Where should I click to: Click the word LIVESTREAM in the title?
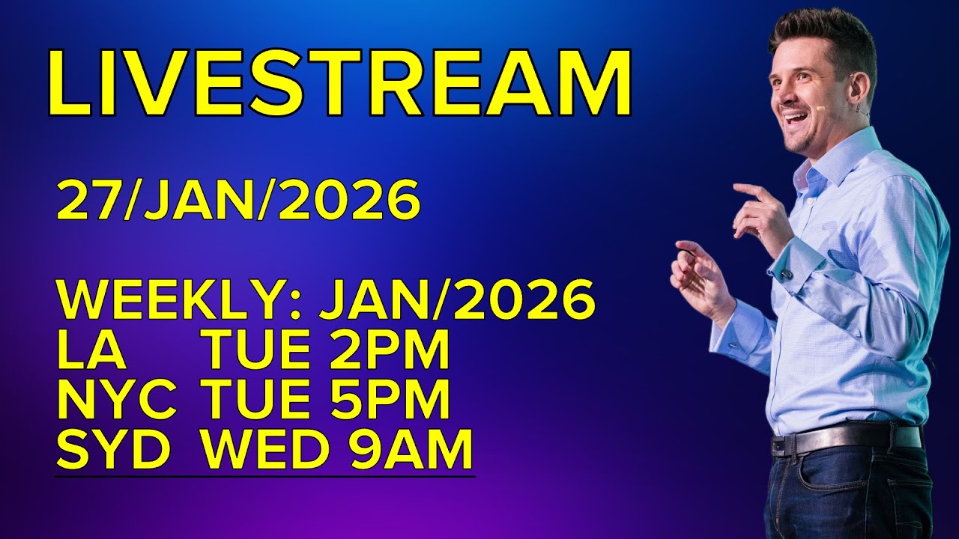(339, 84)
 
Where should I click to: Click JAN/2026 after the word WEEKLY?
(457, 301)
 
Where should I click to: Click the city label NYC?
(117, 401)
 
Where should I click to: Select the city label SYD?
(114, 450)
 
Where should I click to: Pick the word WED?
(258, 450)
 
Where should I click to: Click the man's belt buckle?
(784, 445)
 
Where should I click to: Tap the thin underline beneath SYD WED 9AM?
(265, 475)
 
